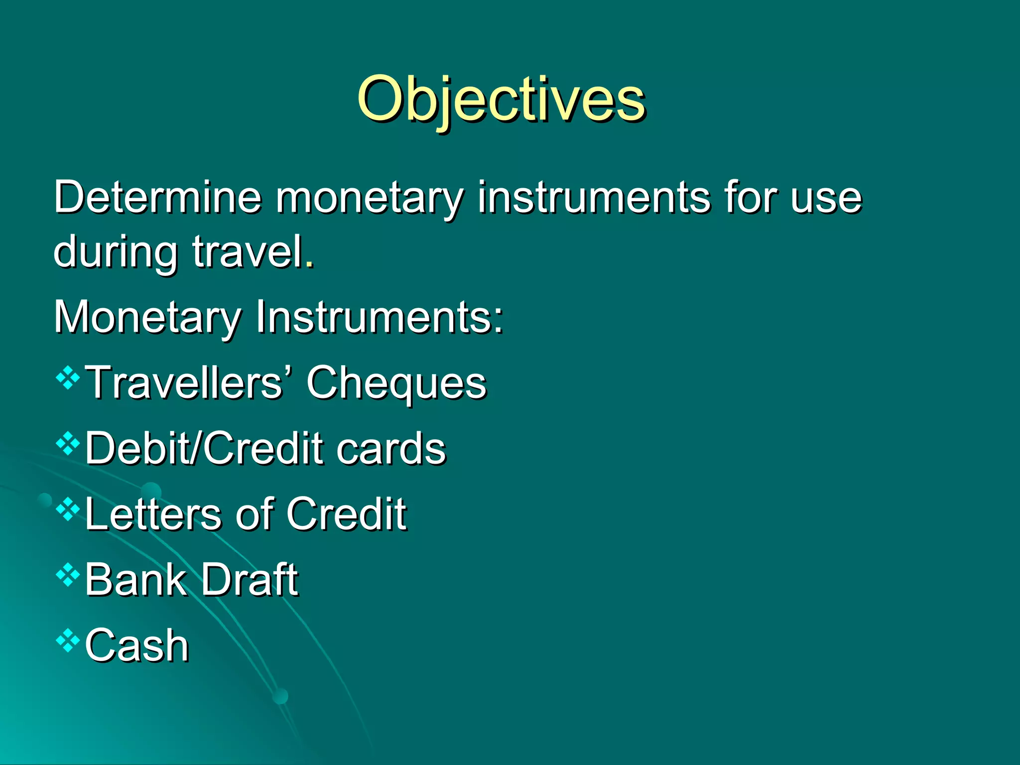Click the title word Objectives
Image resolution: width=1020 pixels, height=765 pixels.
501,100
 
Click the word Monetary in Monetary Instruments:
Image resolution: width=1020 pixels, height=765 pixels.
147,317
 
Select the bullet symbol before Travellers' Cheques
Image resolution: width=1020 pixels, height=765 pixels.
68,379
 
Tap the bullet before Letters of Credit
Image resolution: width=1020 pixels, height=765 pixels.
68,510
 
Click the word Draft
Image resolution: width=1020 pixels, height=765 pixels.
249,580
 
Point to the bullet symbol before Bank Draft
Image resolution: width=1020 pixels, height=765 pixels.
68,576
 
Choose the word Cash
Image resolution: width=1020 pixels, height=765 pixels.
137,646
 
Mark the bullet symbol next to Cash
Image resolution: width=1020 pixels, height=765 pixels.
68,641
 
